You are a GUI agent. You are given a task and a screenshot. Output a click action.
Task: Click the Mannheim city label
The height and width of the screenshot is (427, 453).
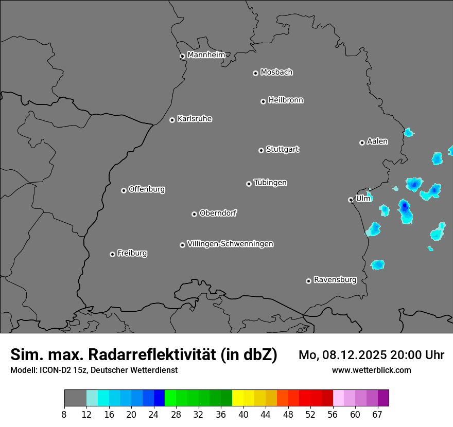206,55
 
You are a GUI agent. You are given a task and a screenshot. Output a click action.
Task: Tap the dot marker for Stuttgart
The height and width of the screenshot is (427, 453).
261,150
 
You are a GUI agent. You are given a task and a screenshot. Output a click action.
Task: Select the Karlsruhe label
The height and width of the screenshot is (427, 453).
194,119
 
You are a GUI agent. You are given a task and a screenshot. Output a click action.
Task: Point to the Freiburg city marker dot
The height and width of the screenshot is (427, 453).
112,254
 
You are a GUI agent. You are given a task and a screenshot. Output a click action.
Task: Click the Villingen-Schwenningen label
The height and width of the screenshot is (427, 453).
230,244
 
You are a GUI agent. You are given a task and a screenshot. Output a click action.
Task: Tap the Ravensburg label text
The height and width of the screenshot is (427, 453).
335,280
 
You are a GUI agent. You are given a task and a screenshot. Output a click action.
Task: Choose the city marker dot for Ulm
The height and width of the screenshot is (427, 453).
351,200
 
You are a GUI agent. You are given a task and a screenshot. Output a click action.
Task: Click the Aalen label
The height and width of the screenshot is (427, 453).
377,141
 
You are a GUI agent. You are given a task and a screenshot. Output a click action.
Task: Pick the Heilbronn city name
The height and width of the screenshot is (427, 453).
285,100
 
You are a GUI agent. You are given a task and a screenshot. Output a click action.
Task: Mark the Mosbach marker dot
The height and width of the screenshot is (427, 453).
255,73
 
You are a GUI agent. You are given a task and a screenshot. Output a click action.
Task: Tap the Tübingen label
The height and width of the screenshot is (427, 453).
270,183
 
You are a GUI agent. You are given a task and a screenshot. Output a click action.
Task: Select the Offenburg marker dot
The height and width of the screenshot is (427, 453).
124,190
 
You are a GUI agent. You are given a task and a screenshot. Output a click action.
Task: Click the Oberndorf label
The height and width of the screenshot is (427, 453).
218,213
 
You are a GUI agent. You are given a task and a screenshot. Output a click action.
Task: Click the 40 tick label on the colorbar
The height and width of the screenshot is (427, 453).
243,415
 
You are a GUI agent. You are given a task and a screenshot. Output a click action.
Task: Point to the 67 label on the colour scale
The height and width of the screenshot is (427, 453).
377,415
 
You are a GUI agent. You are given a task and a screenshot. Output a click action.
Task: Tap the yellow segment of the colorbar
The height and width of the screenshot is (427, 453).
238,398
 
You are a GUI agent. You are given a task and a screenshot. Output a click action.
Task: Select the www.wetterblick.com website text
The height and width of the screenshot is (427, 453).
371,370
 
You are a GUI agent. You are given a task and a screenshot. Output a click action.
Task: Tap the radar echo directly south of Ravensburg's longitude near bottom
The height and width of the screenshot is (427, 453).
377,265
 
